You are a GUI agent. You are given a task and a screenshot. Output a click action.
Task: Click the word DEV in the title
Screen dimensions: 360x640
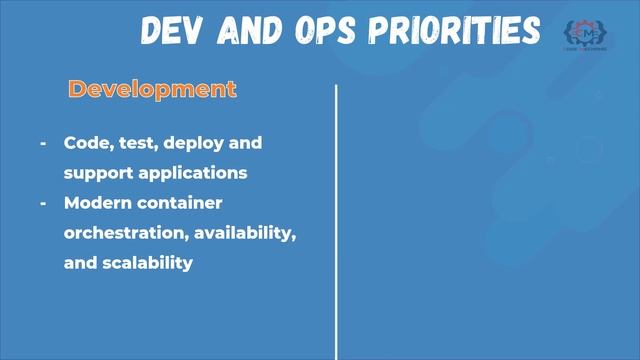(x=175, y=31)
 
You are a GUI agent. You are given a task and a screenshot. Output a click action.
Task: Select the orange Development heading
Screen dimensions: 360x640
(x=152, y=89)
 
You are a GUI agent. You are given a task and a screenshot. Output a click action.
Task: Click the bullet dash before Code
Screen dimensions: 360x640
(x=43, y=143)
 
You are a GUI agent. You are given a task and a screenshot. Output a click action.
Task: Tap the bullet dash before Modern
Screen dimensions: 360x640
(x=43, y=203)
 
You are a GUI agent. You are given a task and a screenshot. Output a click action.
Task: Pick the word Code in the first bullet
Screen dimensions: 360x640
(x=86, y=143)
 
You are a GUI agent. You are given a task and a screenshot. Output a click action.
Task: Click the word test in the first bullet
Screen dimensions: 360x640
(x=135, y=143)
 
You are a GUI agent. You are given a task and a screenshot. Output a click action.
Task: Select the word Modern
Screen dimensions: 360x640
(x=97, y=203)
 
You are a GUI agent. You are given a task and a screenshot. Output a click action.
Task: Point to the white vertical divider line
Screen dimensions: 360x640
(x=336, y=220)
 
